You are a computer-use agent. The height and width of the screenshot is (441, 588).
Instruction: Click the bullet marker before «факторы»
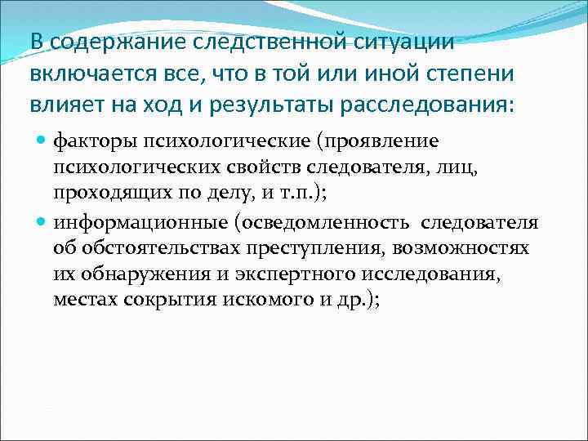(42, 141)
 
